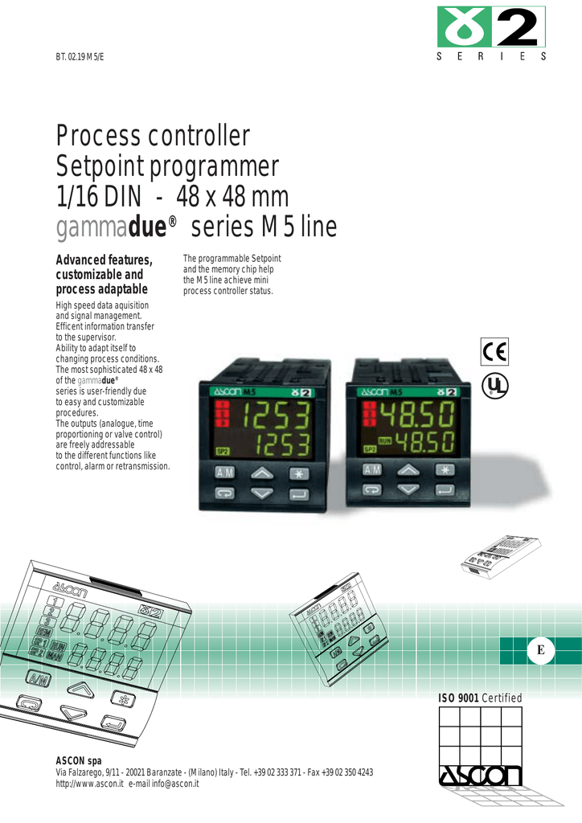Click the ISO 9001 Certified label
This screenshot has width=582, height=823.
(x=479, y=698)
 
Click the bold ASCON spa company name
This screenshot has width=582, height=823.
(x=78, y=760)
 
